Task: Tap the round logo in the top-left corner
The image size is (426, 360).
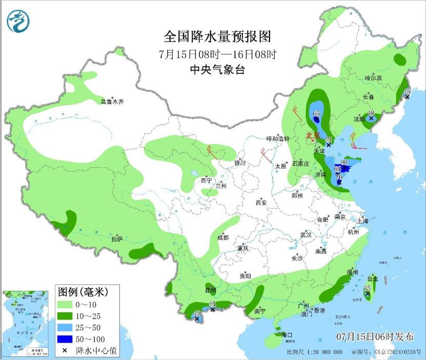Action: (x=18, y=21)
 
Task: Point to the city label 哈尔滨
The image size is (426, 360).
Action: (x=373, y=78)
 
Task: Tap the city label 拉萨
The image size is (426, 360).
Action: (x=117, y=238)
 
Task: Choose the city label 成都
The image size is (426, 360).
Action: (x=222, y=237)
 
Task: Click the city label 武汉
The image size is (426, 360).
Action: (x=306, y=234)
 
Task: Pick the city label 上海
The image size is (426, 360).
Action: (x=363, y=221)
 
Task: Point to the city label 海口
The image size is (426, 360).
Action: (x=287, y=335)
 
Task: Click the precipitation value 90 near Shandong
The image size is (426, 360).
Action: (x=344, y=163)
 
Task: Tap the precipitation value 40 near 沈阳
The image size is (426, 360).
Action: (x=372, y=113)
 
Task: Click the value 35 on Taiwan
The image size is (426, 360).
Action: (x=367, y=288)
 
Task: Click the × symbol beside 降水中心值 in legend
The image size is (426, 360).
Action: (x=65, y=350)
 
